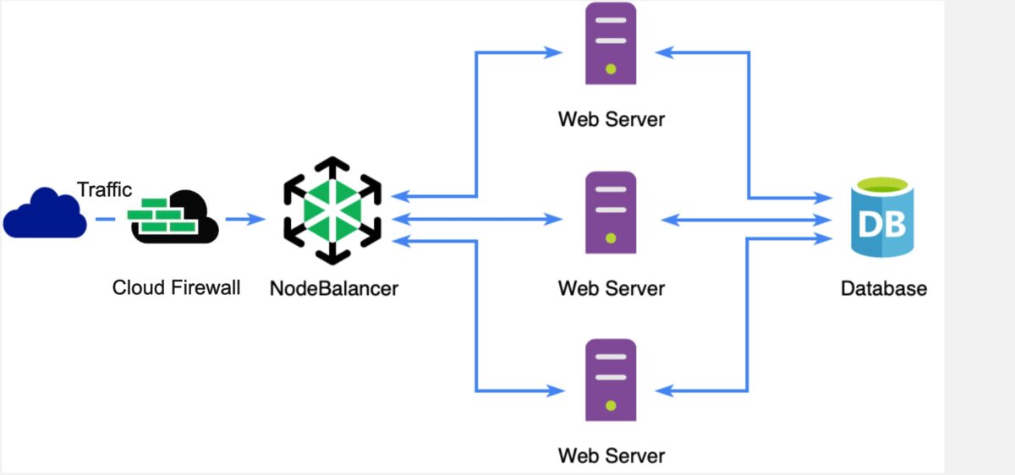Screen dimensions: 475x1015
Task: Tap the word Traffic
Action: pyautogui.click(x=105, y=189)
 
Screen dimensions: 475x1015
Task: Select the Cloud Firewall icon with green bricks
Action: pyautogui.click(x=174, y=217)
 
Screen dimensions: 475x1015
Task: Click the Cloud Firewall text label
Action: pyautogui.click(x=176, y=288)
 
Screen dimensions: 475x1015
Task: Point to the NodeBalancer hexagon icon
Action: pyautogui.click(x=332, y=209)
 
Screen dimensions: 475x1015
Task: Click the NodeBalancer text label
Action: pyautogui.click(x=334, y=288)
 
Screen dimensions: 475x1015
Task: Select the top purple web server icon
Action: pyautogui.click(x=611, y=44)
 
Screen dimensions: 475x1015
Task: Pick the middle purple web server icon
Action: pyautogui.click(x=611, y=212)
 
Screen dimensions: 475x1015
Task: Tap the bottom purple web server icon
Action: pyautogui.click(x=611, y=379)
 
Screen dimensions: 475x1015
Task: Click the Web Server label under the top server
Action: pyautogui.click(x=611, y=119)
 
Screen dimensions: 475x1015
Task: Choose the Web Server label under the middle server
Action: pyautogui.click(x=611, y=288)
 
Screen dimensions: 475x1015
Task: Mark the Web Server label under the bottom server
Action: pyautogui.click(x=611, y=456)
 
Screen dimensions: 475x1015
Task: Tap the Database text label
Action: pyautogui.click(x=883, y=288)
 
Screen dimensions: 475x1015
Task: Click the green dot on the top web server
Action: pyautogui.click(x=611, y=68)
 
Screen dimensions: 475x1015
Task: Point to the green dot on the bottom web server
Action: pyautogui.click(x=611, y=405)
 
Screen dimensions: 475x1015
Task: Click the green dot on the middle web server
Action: pyautogui.click(x=611, y=237)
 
